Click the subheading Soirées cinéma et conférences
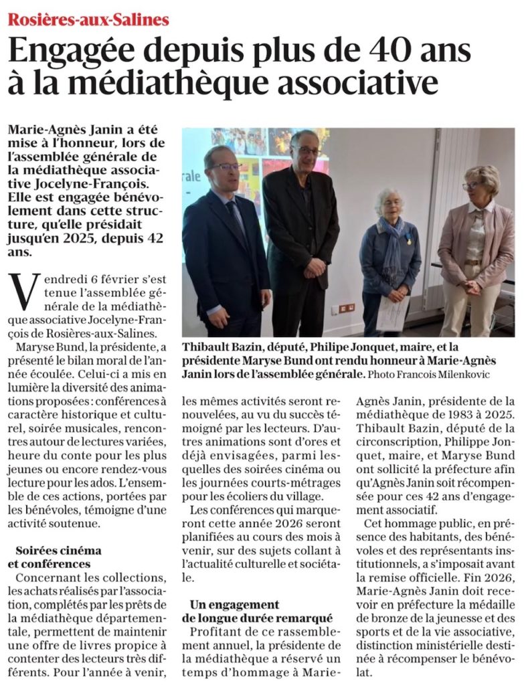click(x=59, y=557)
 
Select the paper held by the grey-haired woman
click(x=393, y=312)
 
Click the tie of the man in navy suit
click(x=235, y=214)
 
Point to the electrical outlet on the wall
click(x=346, y=308)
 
